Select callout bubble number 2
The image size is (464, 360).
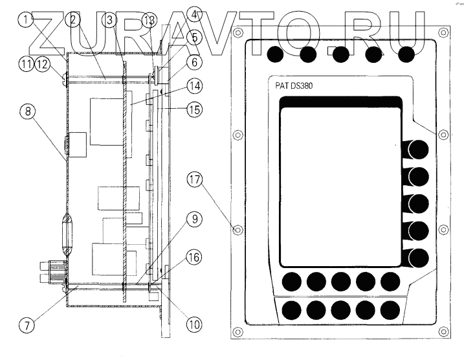click(74, 21)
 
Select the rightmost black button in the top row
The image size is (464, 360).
click(406, 54)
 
